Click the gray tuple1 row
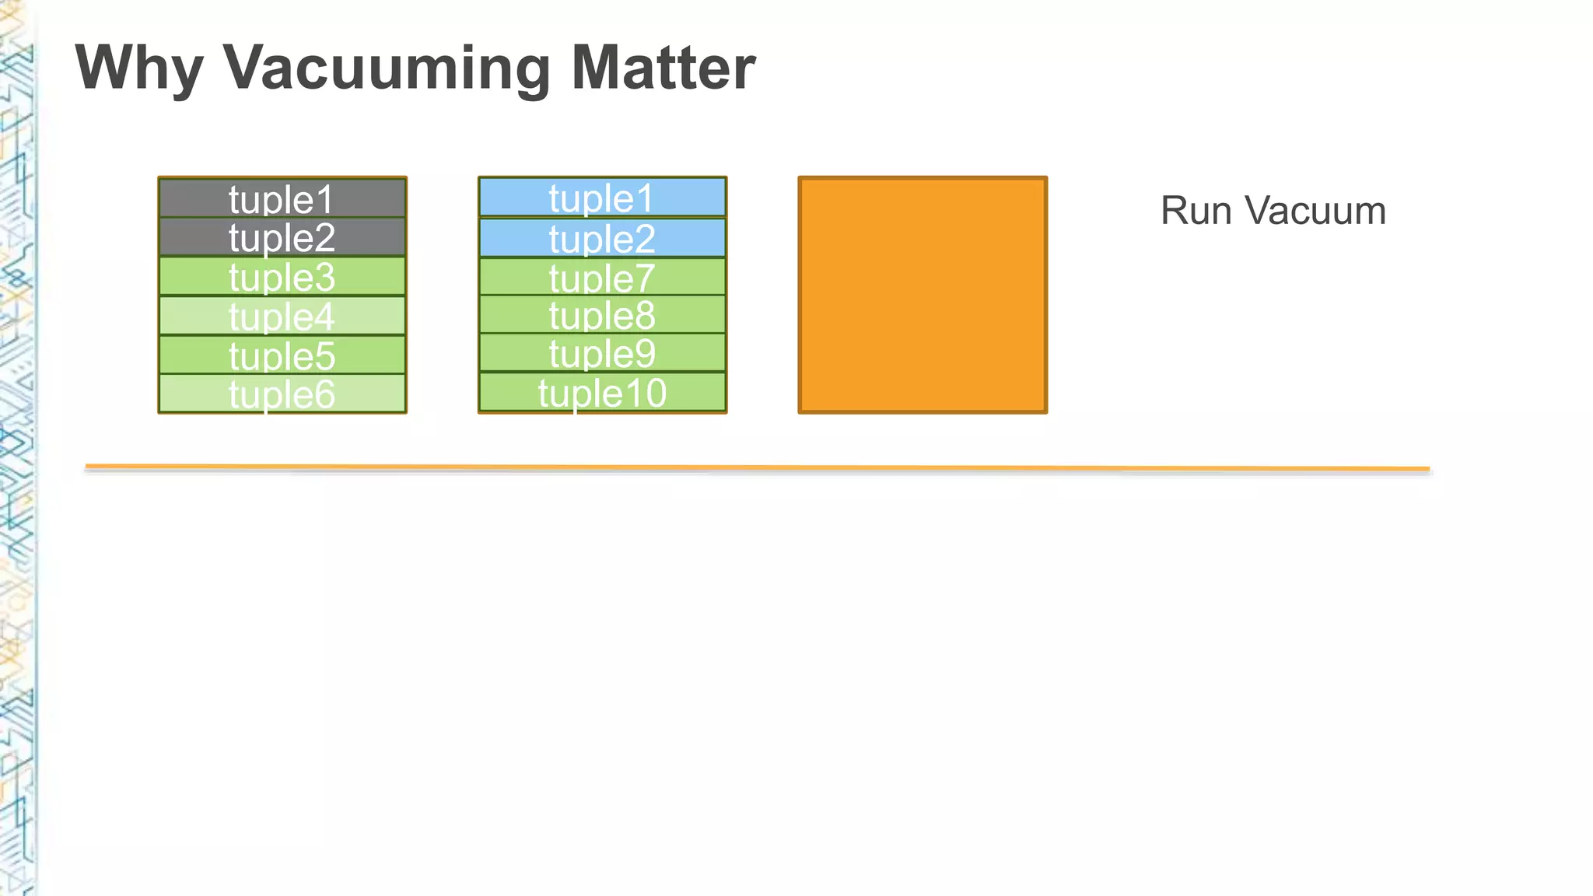tap(282, 199)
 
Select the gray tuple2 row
tap(282, 237)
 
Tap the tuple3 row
tap(282, 277)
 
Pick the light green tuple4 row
tap(282, 317)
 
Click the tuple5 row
tap(282, 355)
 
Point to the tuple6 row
tap(282, 394)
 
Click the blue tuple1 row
tap(601, 198)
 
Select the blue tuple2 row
tap(601, 238)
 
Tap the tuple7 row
tap(601, 277)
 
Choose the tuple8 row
tap(601, 315)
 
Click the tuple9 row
tap(601, 353)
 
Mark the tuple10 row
tap(601, 392)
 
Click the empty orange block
tap(923, 295)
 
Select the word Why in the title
tap(139, 68)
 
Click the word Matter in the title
tap(663, 68)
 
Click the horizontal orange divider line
tap(757, 467)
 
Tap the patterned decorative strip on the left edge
tap(16, 467)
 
